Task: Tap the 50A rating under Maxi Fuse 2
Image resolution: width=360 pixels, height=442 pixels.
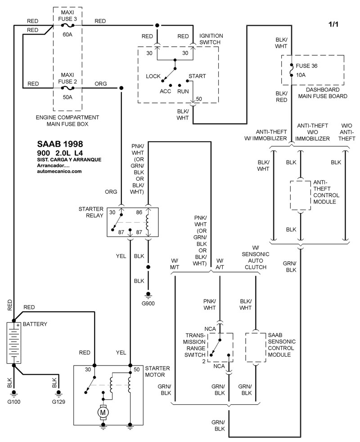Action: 67,97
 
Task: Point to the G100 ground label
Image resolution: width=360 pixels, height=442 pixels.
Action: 14,401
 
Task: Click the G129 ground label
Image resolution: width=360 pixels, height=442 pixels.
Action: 58,401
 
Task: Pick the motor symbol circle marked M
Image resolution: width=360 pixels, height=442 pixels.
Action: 103,411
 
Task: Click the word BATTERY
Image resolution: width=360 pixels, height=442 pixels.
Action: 35,324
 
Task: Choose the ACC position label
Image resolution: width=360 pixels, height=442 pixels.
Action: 165,91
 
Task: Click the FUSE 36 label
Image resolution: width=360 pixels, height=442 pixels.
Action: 307,65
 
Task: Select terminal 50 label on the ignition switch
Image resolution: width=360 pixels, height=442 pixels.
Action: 199,99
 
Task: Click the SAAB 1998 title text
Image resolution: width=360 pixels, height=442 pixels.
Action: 59,144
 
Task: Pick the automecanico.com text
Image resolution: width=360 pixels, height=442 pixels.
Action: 59,171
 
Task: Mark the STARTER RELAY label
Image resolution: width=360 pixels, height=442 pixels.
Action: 91,212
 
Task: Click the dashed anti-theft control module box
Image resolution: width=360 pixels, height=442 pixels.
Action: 301,195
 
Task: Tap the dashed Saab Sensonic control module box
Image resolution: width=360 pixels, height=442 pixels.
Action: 256,348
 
